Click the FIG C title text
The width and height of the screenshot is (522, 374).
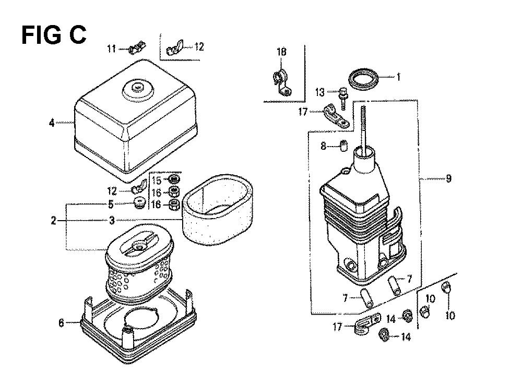point(54,35)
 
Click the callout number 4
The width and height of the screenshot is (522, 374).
point(52,123)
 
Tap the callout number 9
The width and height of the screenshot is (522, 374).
point(448,179)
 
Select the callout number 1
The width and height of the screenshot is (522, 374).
point(398,77)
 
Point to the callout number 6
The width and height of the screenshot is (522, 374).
point(61,323)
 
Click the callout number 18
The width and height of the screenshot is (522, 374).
point(281,52)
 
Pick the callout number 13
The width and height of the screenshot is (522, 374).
point(319,92)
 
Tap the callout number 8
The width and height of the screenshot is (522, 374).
point(323,146)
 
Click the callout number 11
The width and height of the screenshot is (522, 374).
point(112,49)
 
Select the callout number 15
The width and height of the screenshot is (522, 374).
point(157,180)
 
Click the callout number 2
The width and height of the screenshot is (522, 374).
point(53,220)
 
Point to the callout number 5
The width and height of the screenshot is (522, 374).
point(111,204)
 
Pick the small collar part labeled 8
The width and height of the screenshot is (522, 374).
point(343,146)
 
